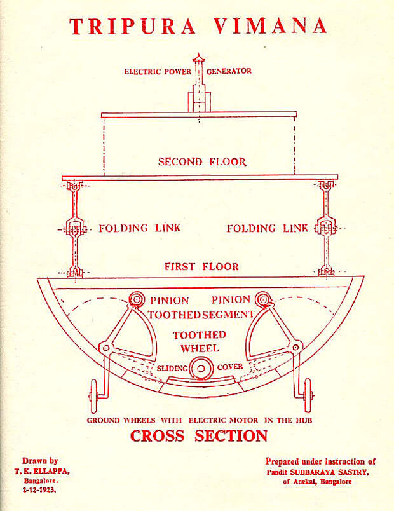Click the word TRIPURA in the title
pos(133,26)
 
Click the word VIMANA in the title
pos(271,26)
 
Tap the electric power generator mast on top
pos(199,83)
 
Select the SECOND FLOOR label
pos(202,161)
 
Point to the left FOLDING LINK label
pos(139,228)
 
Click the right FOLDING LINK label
pos(268,228)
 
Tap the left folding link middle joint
pos(75,228)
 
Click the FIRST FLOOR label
pos(201,266)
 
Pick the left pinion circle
pos(137,299)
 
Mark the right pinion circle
pos(262,299)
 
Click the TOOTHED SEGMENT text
pos(201,315)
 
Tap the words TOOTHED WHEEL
pos(200,341)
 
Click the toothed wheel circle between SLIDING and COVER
pos(201,368)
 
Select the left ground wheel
pos(94,396)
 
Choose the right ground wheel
pos(308,395)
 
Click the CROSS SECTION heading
pos(199,436)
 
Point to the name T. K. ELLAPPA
pos(42,471)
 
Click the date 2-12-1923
pos(39,489)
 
